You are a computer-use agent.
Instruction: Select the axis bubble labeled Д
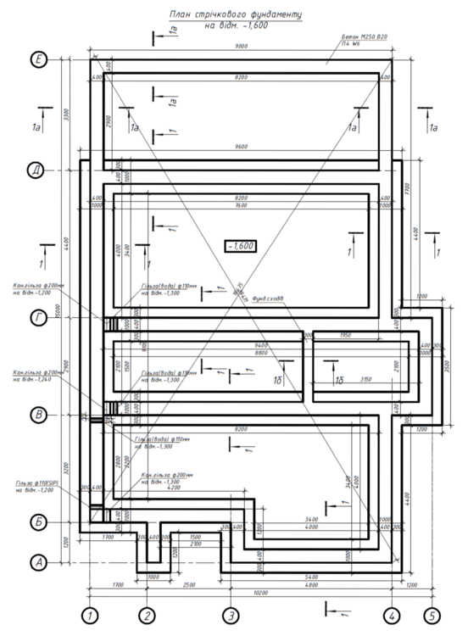(38, 171)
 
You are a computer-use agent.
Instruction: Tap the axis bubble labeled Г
(38, 317)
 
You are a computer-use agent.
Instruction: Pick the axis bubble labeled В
(38, 416)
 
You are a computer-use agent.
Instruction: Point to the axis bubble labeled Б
(38, 522)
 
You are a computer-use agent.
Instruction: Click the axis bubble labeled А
(38, 561)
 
